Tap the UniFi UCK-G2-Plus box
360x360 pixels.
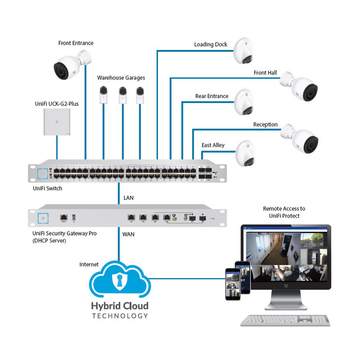coord(57,122)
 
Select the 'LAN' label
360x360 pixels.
coord(128,198)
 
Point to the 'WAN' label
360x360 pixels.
coord(129,234)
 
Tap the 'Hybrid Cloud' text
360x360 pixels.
coord(120,306)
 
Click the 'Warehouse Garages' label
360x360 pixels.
coord(121,77)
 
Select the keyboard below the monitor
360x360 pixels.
coord(285,319)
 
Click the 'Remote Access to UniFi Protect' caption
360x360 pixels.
coord(284,212)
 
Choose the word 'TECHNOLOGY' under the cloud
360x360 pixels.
coord(120,316)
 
